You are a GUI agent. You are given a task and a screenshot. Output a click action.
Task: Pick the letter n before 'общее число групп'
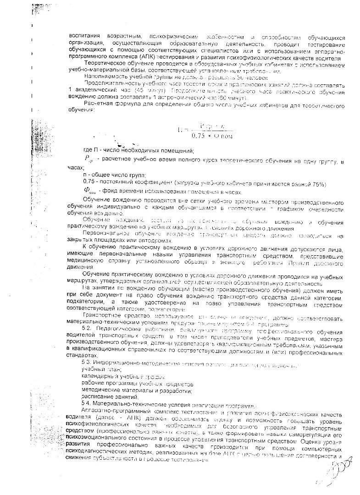tap(85, 176)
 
